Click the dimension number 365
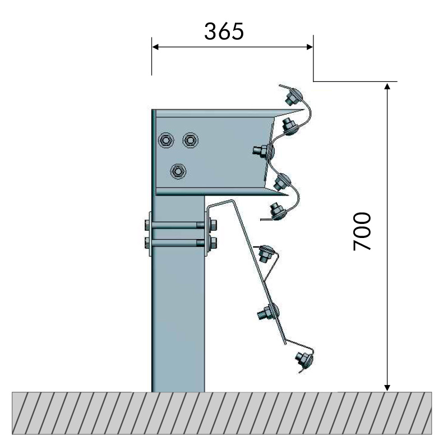[224, 31]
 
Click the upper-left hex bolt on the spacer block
[166, 140]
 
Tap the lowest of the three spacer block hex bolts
[178, 171]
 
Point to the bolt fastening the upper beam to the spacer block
[262, 150]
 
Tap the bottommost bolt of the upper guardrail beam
[278, 210]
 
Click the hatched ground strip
[221, 413]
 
